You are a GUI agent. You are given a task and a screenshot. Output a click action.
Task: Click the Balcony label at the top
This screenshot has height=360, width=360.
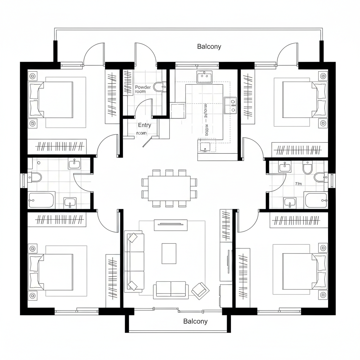click(x=209, y=46)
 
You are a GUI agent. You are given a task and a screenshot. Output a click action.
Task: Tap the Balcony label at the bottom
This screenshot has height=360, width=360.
click(x=195, y=321)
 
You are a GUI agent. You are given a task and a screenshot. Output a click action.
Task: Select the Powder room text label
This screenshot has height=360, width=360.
click(x=143, y=89)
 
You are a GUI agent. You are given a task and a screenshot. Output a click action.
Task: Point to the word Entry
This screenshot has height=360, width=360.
click(x=144, y=125)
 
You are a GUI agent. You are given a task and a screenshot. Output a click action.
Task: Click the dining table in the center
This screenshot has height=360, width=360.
click(x=169, y=188)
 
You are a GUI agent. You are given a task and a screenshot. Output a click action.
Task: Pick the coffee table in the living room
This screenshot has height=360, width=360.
click(x=169, y=253)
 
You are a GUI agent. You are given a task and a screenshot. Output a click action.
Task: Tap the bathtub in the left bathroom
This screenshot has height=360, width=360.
click(x=41, y=200)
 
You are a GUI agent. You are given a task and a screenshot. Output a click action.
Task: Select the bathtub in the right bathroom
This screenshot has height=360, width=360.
click(x=316, y=200)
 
